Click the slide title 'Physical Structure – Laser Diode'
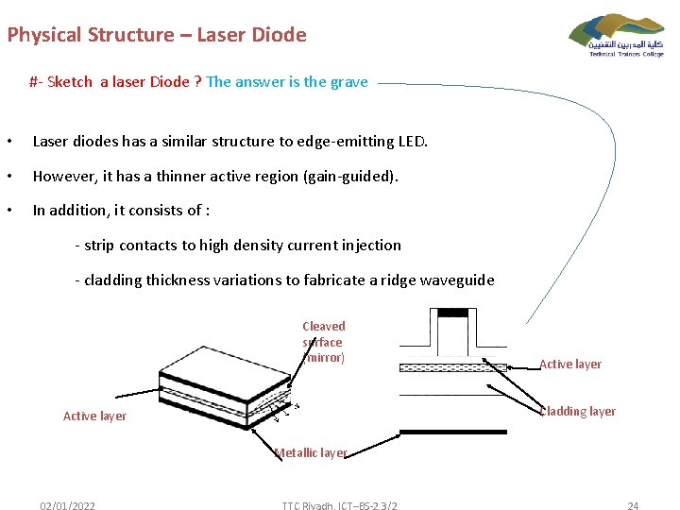pos(157,36)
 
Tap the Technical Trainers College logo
pos(617,35)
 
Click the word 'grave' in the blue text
pos(348,82)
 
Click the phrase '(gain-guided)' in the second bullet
pos(353,177)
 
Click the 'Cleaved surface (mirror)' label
pos(324,342)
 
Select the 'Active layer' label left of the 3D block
pos(94,416)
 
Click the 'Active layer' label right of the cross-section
pos(569,365)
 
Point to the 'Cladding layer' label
pos(576,412)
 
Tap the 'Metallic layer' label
pos(311,453)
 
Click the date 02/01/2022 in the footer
pos(67,506)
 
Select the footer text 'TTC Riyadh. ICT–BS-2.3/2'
pos(339,506)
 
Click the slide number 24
pos(633,506)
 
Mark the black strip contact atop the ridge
pos(453,313)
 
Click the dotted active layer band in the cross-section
pos(453,367)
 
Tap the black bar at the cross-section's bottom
pos(453,432)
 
